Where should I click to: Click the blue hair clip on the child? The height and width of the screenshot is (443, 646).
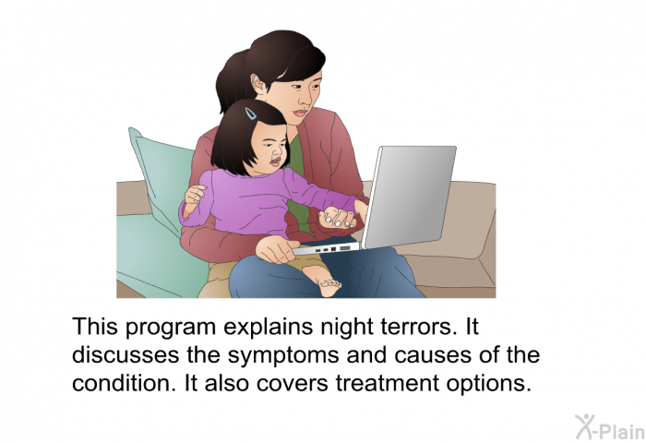click(x=250, y=114)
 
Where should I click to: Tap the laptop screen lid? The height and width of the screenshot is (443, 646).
click(x=409, y=197)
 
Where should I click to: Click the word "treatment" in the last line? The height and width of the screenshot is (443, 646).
click(x=388, y=383)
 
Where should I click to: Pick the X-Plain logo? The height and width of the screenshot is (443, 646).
click(x=610, y=427)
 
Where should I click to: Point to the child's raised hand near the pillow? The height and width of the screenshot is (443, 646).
click(x=194, y=197)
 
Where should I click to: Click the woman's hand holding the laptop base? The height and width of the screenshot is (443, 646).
click(x=275, y=250)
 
